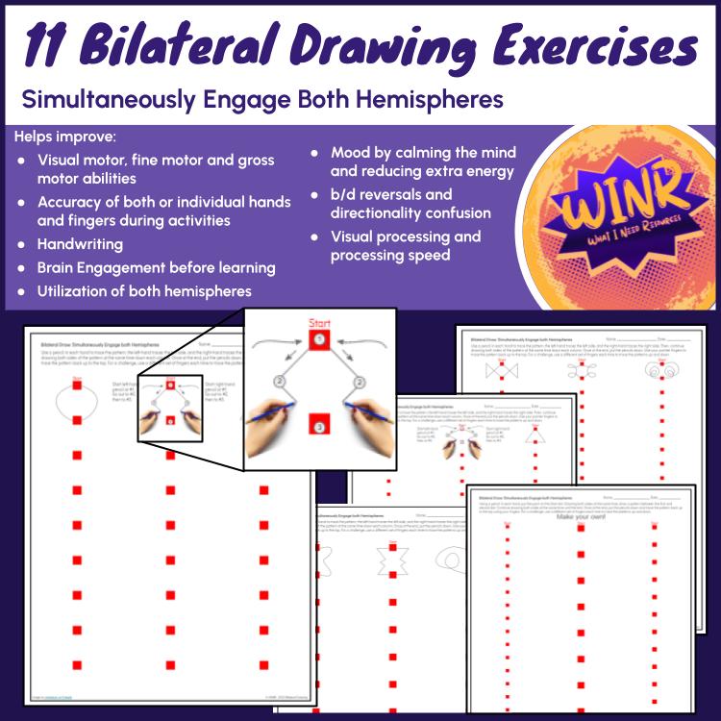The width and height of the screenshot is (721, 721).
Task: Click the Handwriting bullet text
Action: pos(80,244)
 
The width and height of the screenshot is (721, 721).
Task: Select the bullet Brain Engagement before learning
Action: pos(156,267)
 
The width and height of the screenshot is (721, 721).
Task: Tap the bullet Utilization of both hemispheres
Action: pos(144,290)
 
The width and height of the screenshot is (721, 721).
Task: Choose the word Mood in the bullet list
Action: pos(352,153)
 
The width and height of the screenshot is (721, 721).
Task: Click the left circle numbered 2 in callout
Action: pos(278,381)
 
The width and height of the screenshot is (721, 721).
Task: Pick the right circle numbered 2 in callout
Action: pos(360,381)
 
